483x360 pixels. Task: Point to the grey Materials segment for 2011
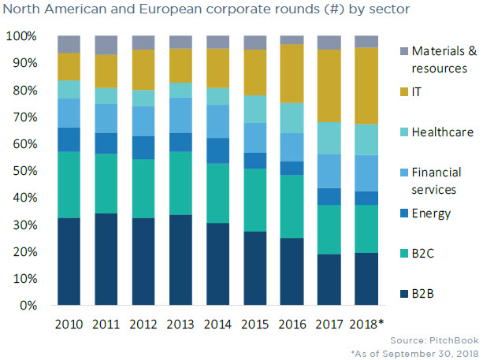click(106, 45)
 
